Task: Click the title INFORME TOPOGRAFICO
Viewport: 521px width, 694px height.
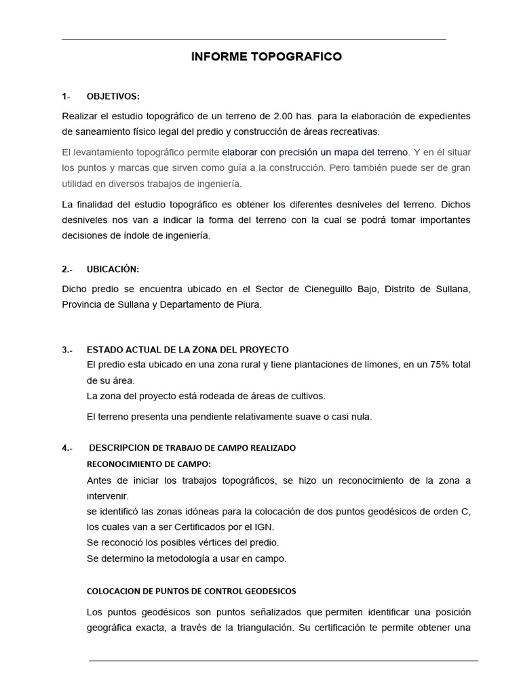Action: pyautogui.click(x=266, y=57)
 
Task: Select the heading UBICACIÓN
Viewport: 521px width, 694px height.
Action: pyautogui.click(x=113, y=269)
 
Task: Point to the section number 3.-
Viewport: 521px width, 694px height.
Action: pyautogui.click(x=67, y=350)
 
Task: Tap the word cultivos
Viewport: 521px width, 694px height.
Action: pyautogui.click(x=306, y=396)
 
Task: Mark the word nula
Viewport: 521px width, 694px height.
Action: pyautogui.click(x=358, y=417)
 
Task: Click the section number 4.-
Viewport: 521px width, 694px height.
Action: pyautogui.click(x=67, y=448)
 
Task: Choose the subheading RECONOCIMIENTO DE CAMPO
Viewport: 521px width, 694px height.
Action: pyautogui.click(x=149, y=464)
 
